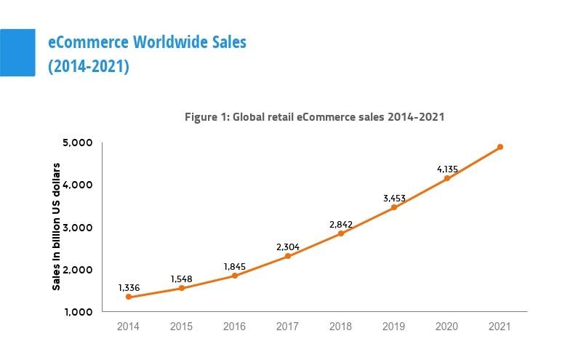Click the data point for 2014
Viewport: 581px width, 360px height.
point(129,297)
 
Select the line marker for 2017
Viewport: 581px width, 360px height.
point(288,256)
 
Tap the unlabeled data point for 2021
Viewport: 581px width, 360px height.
point(500,147)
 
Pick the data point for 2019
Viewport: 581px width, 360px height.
point(394,207)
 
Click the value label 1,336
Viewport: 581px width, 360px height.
point(129,288)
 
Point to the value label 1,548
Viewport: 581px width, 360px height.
point(182,279)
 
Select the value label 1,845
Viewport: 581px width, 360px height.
point(235,267)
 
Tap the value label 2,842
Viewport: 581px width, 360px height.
point(341,224)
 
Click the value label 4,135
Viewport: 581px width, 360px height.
point(448,169)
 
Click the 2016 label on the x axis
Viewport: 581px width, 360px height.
point(235,327)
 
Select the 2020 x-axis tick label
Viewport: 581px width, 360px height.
point(447,327)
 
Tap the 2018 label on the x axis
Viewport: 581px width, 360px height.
point(341,327)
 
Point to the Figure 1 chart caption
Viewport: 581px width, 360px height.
point(314,116)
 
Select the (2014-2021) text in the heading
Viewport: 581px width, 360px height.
point(88,67)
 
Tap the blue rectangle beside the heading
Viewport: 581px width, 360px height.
point(17,52)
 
